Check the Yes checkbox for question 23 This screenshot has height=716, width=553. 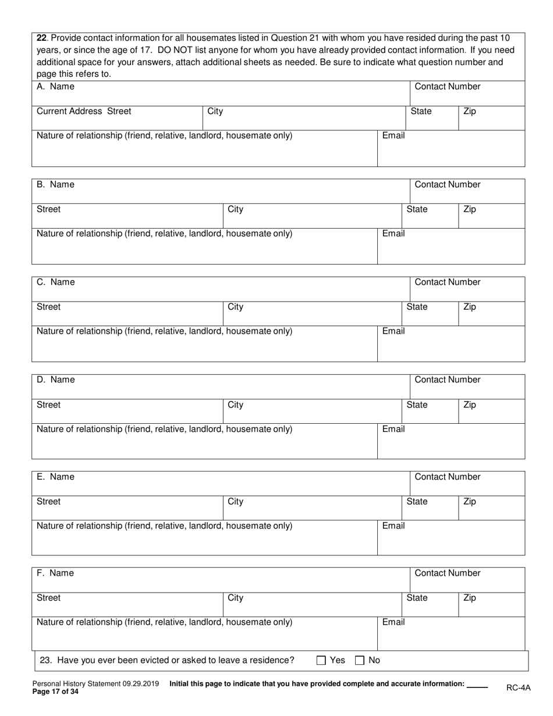click(x=321, y=660)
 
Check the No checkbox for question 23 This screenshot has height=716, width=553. click(x=360, y=660)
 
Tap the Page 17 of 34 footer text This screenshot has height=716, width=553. click(x=55, y=692)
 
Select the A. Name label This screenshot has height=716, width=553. click(x=55, y=87)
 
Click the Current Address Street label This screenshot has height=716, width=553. click(x=84, y=111)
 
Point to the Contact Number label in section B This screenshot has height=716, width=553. click(x=447, y=185)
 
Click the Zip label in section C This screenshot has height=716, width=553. click(x=469, y=307)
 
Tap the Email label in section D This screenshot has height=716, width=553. click(x=393, y=429)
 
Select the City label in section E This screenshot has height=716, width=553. click(x=235, y=501)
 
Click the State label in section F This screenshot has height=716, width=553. click(x=417, y=597)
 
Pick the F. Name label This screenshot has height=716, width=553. click(x=55, y=573)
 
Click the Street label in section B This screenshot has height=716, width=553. click(x=48, y=209)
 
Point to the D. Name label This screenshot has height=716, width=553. click(x=56, y=380)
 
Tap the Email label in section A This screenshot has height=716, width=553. click(x=393, y=136)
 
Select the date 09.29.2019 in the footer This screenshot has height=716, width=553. click(x=139, y=684)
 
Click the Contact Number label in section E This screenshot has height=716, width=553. click(x=447, y=477)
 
